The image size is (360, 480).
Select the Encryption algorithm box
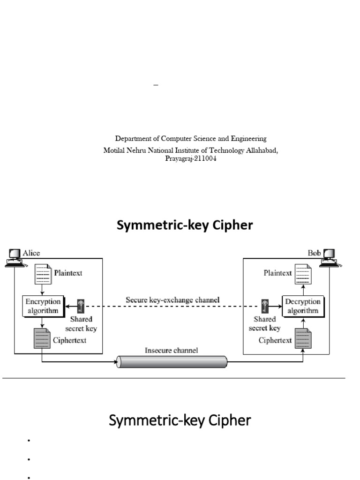[43, 306]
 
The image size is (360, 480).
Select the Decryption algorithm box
[302, 306]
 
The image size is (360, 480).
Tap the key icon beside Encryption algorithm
[81, 306]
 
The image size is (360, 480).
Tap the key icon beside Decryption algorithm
[265, 306]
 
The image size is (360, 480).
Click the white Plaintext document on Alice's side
[43, 274]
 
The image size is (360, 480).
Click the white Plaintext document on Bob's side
[302, 274]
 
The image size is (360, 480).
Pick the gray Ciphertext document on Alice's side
[43, 338]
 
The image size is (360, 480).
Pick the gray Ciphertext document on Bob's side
[302, 338]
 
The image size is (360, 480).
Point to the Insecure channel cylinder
[172, 362]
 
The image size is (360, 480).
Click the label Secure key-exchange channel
[172, 299]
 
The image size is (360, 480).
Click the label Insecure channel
[172, 350]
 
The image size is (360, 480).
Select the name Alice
[31, 253]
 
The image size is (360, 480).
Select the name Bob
[314, 253]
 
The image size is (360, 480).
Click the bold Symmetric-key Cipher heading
[184, 225]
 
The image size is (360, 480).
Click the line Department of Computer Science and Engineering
[191, 139]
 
